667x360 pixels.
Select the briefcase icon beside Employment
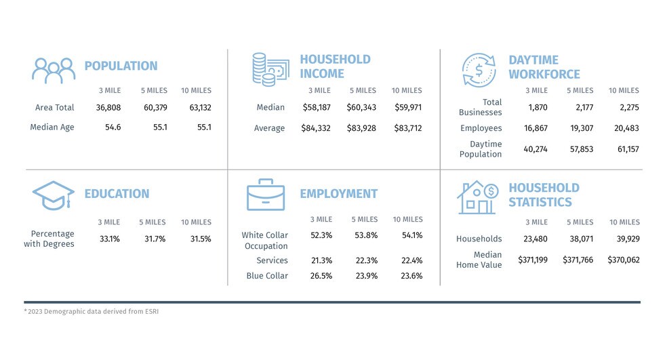pos(266,195)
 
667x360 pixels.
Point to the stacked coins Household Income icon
pos(270,69)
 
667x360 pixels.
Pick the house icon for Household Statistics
pos(478,197)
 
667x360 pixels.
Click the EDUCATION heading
pos(117,194)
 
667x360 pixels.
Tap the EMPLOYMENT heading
pos(339,194)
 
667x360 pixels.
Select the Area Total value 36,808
pos(108,108)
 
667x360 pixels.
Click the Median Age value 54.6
pos(113,127)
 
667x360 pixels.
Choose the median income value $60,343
pos(361,108)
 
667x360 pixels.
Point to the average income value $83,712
pos(408,128)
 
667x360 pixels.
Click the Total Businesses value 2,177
pos(584,108)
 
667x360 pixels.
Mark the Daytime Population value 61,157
pos(628,149)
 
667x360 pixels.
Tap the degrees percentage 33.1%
pos(110,239)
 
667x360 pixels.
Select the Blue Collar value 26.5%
pos(321,276)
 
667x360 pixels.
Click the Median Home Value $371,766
pos(578,260)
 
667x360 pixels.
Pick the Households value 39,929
pos(628,239)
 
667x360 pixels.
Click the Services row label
pos(272,260)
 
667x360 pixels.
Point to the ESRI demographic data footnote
pos(91,311)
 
